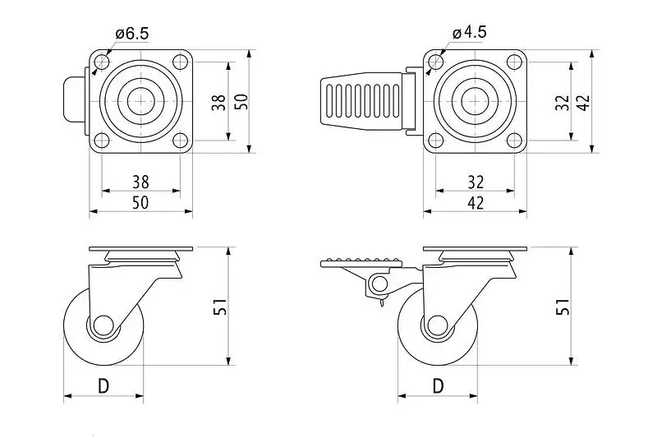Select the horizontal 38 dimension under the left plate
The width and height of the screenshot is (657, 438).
[140, 181]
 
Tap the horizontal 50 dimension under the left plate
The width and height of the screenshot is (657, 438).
[140, 202]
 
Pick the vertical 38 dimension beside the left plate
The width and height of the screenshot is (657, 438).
[218, 102]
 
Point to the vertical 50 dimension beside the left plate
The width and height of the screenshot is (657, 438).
[241, 102]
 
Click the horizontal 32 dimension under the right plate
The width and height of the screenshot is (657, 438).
[476, 181]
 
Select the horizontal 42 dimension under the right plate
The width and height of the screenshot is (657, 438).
[476, 202]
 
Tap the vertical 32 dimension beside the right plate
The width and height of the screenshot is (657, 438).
[562, 102]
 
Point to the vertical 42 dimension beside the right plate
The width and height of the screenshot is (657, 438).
[583, 102]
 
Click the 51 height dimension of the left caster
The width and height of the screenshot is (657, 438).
[220, 307]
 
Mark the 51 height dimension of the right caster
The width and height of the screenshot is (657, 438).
[563, 307]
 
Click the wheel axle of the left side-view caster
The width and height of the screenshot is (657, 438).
[103, 324]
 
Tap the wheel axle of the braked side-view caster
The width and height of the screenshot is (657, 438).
[437, 324]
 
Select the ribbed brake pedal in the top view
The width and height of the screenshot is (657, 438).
[361, 102]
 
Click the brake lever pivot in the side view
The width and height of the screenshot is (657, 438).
[379, 284]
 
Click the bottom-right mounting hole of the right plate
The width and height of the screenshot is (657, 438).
[515, 139]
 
